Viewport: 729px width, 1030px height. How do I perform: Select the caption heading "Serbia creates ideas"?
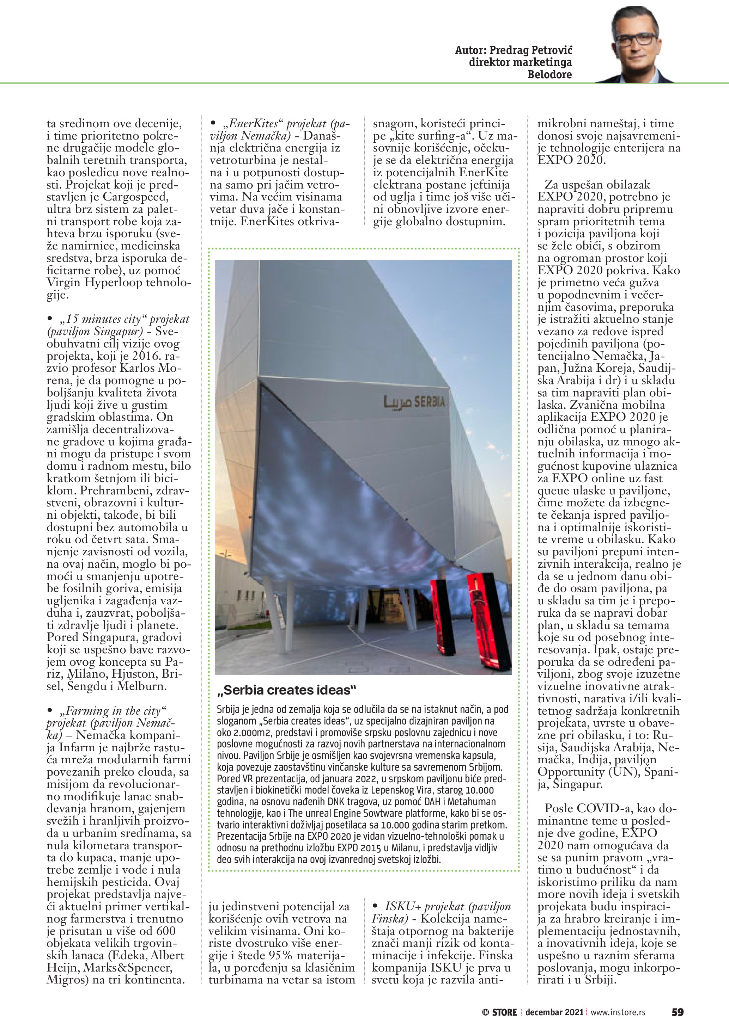point(286,690)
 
